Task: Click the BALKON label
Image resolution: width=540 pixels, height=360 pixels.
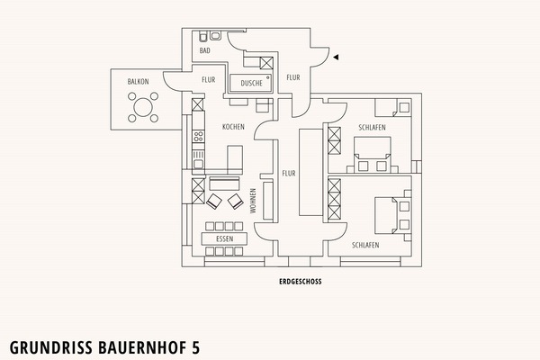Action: coord(138,82)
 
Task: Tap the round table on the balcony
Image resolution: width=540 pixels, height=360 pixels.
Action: coord(143,107)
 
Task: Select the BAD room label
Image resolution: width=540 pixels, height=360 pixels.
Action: coord(204,50)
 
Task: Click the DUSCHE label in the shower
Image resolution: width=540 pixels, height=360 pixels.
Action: coord(251,83)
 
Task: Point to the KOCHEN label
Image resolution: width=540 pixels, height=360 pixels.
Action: coord(233,127)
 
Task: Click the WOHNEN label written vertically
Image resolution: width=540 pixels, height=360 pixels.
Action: coord(253,201)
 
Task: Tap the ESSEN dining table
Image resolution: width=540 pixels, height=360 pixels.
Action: coord(224,238)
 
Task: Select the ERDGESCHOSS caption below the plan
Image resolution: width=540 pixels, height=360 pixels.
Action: coord(301,282)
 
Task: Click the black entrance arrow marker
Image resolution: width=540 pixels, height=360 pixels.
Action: coord(336,58)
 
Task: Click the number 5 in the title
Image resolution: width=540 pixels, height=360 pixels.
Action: coord(195,347)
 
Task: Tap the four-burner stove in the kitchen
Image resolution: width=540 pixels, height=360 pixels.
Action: coord(198,136)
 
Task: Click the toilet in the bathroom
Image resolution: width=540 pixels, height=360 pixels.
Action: coord(203,36)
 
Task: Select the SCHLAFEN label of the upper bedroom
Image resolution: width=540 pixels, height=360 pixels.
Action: coord(372,128)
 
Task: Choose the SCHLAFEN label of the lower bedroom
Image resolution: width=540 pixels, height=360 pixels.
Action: coord(365,246)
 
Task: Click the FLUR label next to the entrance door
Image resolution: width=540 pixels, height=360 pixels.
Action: coord(293,78)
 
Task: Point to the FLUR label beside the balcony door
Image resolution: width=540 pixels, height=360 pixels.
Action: coord(209,80)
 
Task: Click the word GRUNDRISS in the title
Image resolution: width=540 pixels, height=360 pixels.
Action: coord(51,347)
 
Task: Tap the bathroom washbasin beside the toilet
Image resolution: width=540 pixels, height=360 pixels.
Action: coord(215,35)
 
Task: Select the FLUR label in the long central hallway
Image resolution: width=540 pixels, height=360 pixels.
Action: coord(289,174)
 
